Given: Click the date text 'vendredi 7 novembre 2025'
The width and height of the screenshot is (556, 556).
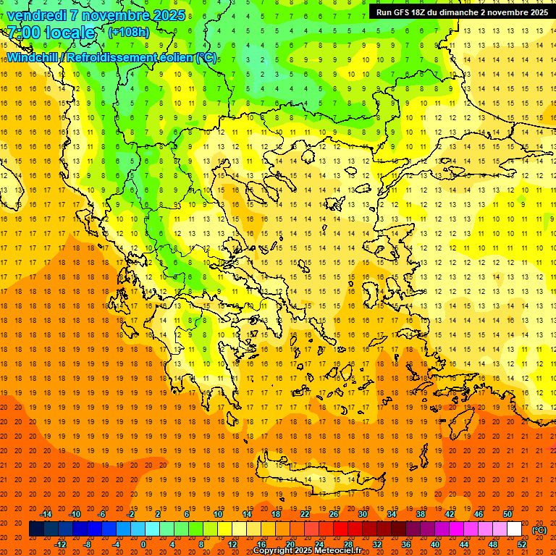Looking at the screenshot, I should (96, 15).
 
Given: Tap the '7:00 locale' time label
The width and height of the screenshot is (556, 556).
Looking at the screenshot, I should (51, 33).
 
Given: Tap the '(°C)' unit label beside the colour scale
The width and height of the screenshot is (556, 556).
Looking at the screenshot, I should (539, 529).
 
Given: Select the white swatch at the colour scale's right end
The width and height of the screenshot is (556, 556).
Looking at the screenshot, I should (514, 529).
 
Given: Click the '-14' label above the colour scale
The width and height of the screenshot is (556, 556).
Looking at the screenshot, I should (46, 514).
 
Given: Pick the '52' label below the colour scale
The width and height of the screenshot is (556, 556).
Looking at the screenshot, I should (522, 544).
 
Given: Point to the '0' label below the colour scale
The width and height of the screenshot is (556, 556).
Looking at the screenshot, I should (143, 544).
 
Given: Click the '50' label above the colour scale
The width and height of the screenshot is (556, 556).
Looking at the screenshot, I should (507, 514).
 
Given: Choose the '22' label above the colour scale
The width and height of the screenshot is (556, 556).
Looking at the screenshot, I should (305, 514).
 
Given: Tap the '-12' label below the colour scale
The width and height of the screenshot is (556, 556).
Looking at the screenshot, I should (61, 544).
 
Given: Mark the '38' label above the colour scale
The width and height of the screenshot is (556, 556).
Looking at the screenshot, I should (421, 514).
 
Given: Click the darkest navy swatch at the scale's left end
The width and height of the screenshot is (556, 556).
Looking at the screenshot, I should (36, 529).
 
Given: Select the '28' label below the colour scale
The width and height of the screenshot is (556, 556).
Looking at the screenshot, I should (348, 544).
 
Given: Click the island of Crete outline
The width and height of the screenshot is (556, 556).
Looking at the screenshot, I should (326, 474).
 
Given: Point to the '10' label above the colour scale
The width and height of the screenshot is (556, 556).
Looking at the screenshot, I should (218, 514).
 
